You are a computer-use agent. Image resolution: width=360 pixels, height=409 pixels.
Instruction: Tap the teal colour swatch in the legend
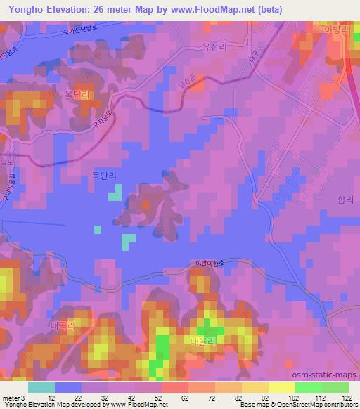[41, 387]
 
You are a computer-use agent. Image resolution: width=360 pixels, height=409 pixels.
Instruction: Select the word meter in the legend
[11, 398]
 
